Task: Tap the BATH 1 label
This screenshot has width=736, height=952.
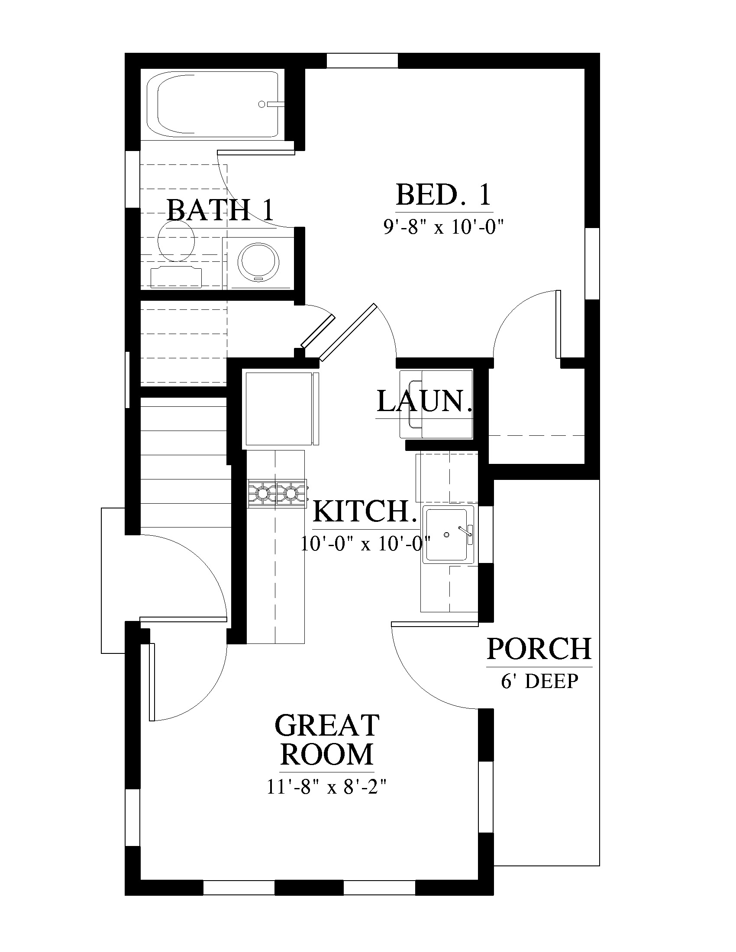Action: tap(220, 210)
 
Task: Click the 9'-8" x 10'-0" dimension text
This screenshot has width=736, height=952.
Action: tap(444, 227)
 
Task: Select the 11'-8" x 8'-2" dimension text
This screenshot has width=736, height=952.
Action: tap(327, 787)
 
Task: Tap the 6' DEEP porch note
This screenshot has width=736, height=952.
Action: tap(539, 681)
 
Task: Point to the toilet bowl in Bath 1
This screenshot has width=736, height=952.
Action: tap(175, 241)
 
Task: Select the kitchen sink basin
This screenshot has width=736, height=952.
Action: tap(449, 534)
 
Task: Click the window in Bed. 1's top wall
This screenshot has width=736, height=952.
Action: tap(362, 61)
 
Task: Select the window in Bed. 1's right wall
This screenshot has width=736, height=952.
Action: tap(592, 263)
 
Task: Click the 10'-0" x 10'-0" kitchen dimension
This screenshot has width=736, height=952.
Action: tap(365, 544)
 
